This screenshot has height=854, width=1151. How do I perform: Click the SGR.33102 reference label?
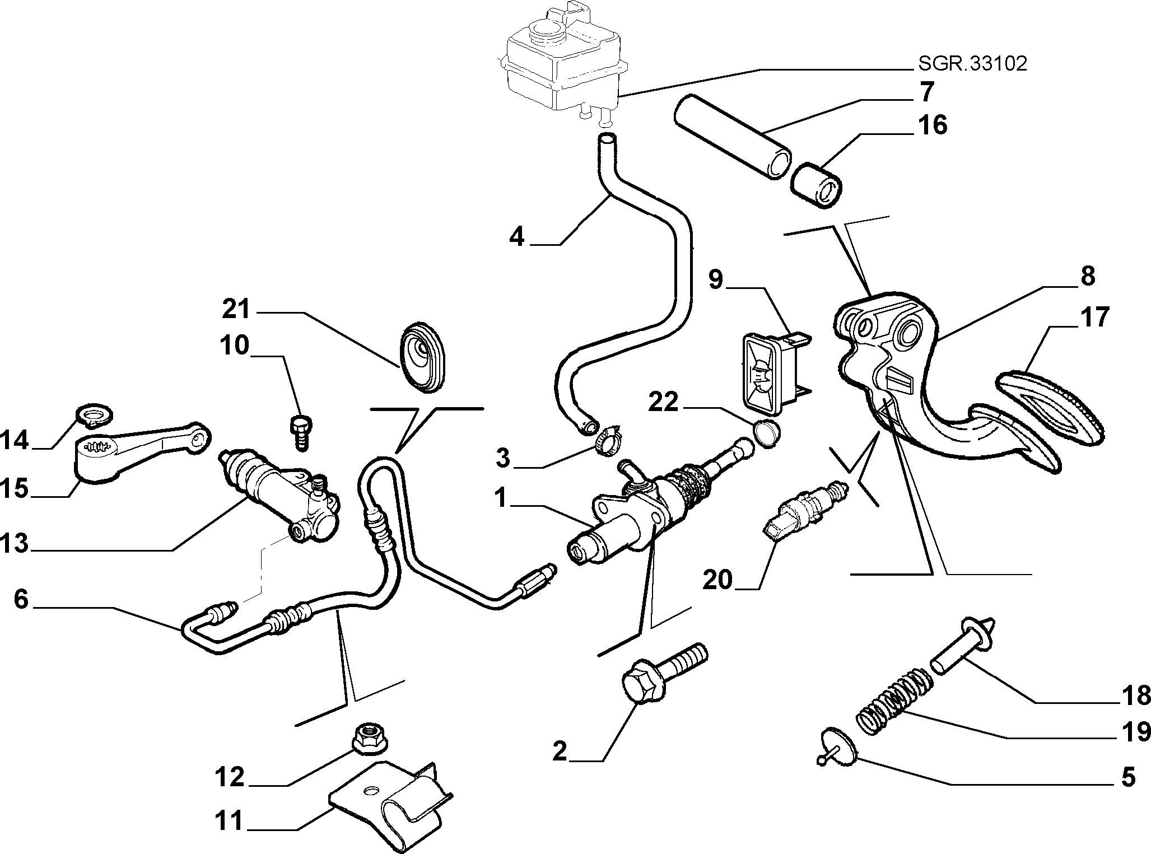point(972,64)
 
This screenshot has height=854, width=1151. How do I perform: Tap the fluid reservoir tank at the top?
point(563,63)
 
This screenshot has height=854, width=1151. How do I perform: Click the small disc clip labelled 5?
point(834,745)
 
